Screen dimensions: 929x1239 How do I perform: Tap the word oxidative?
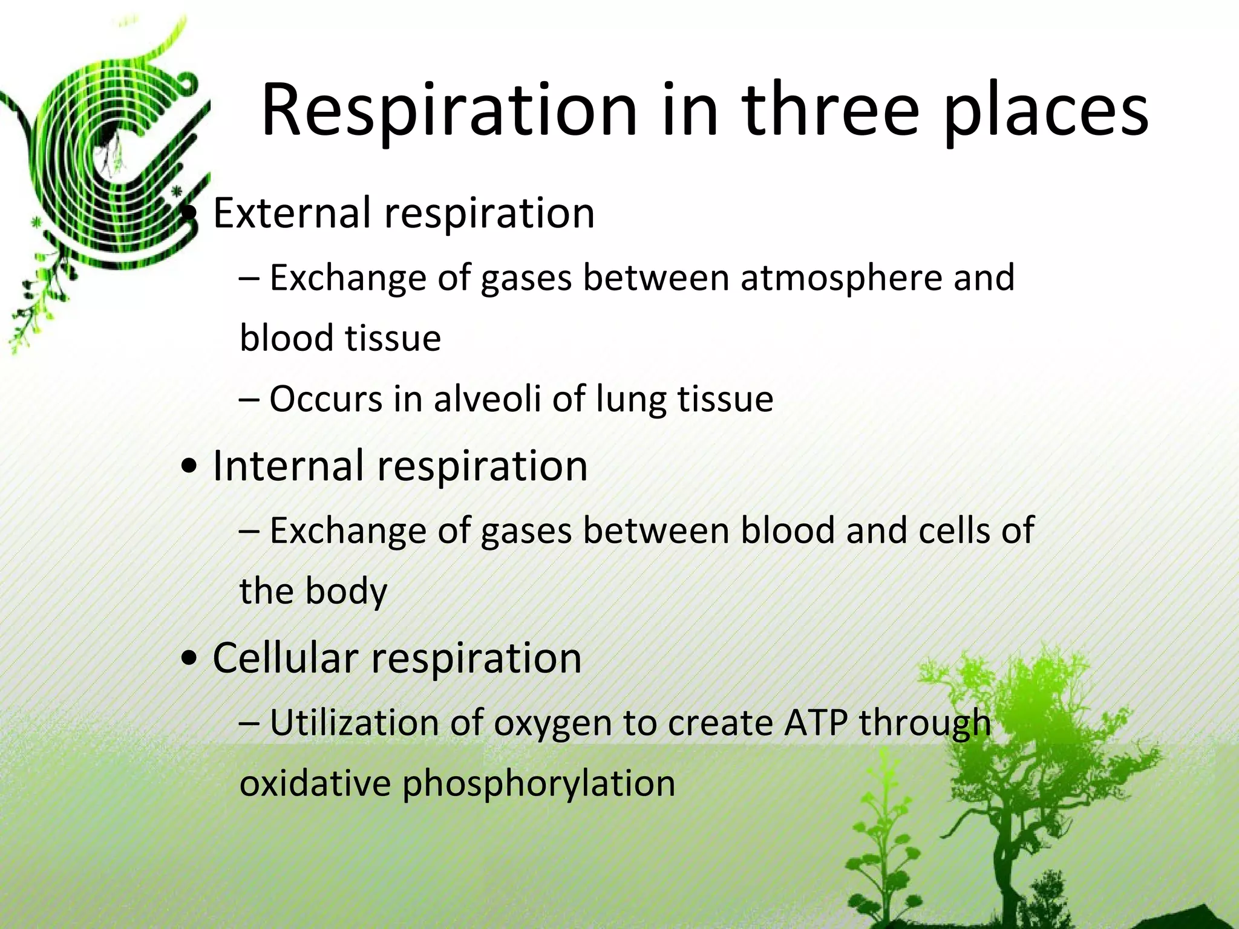tap(315, 783)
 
